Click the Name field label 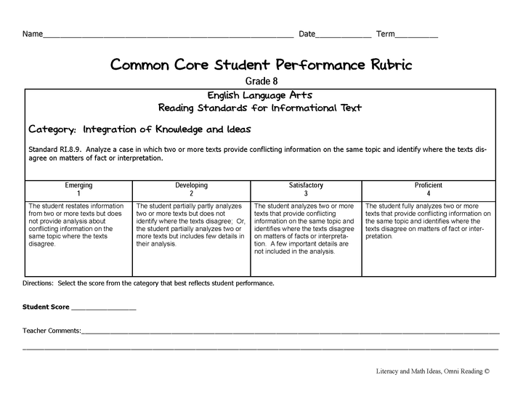(32, 34)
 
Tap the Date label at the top (307, 34)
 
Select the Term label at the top (385, 34)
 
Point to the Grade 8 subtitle (261, 81)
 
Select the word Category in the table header (52, 129)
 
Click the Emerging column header (78, 185)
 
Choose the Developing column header (191, 185)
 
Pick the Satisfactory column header (306, 185)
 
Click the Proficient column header (429, 185)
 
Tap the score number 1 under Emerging (78, 194)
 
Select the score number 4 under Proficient (429, 194)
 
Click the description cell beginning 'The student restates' (78, 225)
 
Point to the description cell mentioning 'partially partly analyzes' (191, 225)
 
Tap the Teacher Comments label (52, 331)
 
